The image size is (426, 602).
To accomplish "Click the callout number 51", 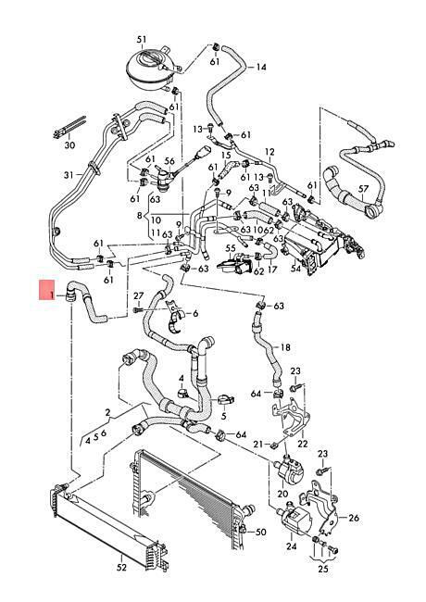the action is pos(142,39).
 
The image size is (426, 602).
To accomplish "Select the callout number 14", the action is pos(261,68).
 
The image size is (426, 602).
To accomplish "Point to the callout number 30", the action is pos(69,145).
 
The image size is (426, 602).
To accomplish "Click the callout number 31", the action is pos(69,175).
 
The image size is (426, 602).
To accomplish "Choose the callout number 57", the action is pos(363,189).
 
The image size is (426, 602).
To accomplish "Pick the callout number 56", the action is pos(169,161).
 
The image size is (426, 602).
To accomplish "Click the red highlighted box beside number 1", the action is pos(47,290).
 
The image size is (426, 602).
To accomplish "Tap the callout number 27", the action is pos(139,296).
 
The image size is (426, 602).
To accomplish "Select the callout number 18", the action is pos(285,347).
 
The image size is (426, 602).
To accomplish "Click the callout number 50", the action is pos(260,533).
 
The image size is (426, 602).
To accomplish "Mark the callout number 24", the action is pos(292,546).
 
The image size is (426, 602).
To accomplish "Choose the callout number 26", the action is pos(354,518).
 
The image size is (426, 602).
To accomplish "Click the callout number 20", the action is pos(282,494).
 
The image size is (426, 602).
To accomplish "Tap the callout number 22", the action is pos(303,444).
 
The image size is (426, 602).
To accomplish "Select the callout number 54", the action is pos(296,269).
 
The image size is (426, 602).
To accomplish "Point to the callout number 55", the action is pos(231,249).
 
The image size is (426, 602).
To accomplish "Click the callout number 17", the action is pos(272,270).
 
